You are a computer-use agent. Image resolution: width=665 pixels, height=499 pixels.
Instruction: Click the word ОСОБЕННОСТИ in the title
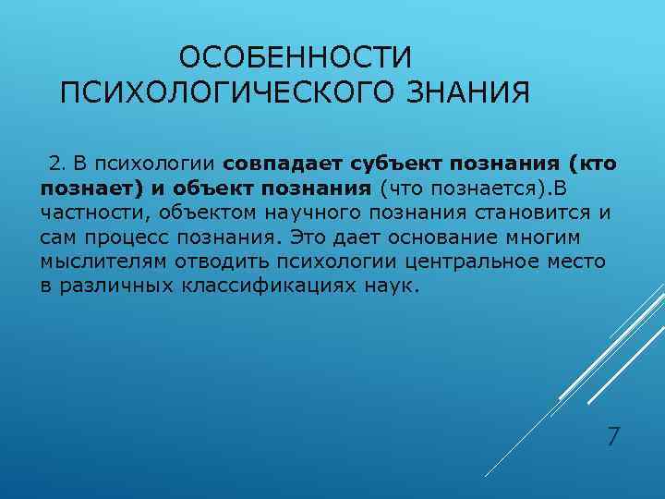(294, 58)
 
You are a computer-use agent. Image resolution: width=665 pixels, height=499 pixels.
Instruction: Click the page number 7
(612, 435)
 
